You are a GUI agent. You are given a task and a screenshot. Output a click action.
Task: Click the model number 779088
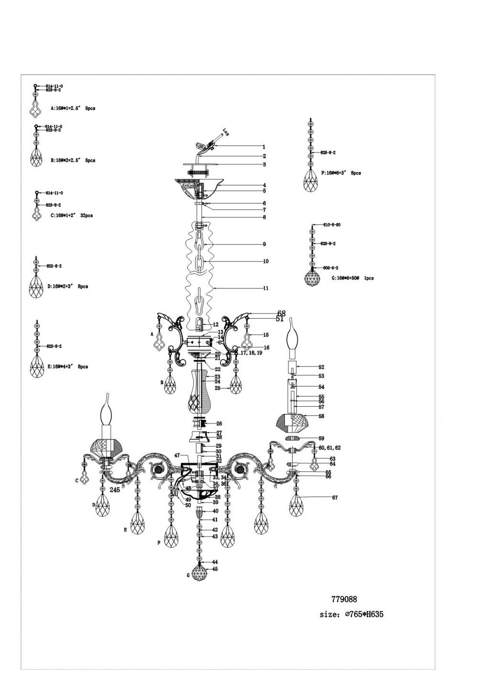344,599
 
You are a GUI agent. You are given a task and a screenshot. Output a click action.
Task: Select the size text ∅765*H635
351,615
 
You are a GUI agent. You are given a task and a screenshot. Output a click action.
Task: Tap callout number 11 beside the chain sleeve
265,289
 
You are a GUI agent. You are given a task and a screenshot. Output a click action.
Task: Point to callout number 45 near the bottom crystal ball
215,569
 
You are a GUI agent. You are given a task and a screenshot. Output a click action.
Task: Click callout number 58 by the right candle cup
321,417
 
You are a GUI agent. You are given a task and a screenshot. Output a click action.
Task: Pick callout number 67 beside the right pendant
335,498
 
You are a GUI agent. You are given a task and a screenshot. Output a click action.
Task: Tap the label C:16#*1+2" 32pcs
72,216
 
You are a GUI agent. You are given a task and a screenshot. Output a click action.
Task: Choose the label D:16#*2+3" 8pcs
67,287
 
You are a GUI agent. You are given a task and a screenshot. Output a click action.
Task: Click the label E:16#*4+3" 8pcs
67,367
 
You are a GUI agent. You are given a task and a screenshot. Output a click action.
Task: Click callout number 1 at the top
263,147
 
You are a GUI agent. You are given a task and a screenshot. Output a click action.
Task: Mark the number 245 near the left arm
114,490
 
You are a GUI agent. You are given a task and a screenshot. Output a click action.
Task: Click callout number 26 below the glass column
219,423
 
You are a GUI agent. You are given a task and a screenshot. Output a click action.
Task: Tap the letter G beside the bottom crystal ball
188,575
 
